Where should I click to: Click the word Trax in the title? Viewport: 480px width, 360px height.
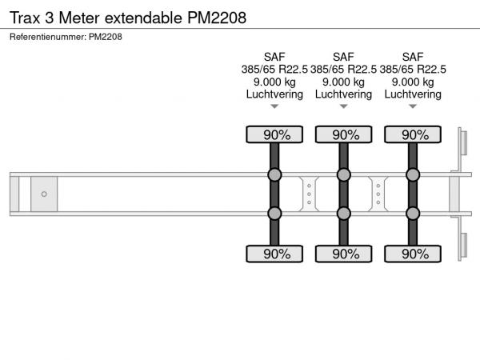(x=25, y=18)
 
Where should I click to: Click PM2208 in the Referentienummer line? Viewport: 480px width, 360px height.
(x=106, y=37)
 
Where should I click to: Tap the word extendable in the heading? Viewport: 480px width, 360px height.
(x=143, y=18)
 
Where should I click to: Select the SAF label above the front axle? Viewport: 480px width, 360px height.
(x=274, y=57)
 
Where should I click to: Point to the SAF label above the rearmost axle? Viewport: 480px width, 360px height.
(x=413, y=57)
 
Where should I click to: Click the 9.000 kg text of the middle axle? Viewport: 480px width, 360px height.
(x=343, y=82)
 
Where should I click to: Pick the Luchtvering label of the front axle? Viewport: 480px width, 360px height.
(x=274, y=94)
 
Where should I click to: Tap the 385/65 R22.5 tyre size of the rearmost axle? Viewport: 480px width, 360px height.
(x=413, y=70)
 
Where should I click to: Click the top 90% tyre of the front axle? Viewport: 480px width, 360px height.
(x=274, y=134)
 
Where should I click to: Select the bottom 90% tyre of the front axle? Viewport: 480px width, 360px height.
(x=274, y=254)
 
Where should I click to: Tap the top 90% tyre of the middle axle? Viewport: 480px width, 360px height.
(x=343, y=134)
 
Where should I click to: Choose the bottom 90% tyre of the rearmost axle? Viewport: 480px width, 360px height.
(x=413, y=254)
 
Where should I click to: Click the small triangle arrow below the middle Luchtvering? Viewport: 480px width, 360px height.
(x=343, y=106)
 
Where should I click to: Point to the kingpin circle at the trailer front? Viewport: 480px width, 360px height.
(x=44, y=194)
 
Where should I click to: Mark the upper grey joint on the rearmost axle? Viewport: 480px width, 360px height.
(x=413, y=174)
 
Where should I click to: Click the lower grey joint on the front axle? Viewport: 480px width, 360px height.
(x=274, y=214)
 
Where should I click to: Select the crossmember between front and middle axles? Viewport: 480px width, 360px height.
(x=309, y=194)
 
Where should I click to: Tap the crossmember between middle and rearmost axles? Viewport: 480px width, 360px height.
(x=378, y=194)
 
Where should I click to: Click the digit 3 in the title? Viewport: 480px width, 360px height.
(x=50, y=18)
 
